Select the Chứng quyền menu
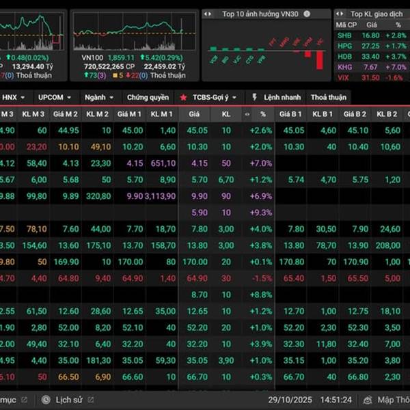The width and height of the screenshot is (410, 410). (x=148, y=97)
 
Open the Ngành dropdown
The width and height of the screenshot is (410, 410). (x=100, y=97)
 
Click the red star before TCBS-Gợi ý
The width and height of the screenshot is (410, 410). (x=183, y=97)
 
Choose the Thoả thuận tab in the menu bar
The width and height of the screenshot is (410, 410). (x=328, y=97)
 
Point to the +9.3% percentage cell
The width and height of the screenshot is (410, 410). (x=261, y=213)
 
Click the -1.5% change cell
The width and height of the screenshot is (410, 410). (x=261, y=278)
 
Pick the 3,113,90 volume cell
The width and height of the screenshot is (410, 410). (x=161, y=196)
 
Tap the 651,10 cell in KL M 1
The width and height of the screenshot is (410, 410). (x=163, y=163)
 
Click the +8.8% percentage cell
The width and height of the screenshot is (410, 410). (x=261, y=295)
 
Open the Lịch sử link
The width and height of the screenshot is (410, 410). (x=69, y=399)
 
